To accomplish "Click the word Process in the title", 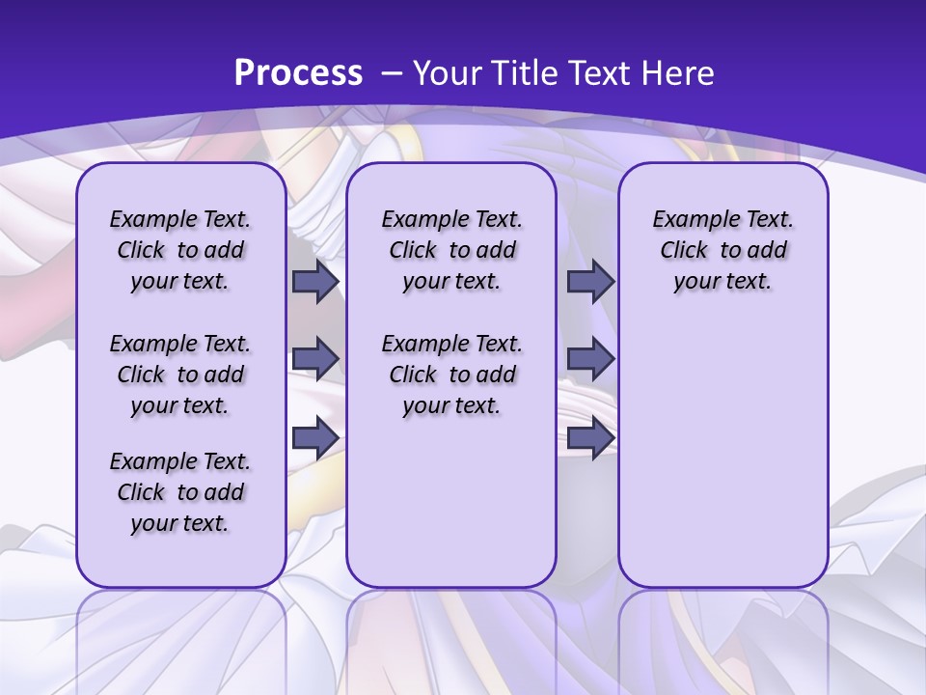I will (298, 72).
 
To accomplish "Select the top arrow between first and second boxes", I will (315, 281).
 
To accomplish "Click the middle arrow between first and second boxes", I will (315, 359).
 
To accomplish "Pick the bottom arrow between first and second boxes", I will (315, 437).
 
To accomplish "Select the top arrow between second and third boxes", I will (590, 281).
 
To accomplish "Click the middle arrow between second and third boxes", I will (590, 359).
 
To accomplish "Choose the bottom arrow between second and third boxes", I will (590, 437).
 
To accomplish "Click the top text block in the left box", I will (180, 250).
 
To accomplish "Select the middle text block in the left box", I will (180, 375).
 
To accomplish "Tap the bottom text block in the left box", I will (180, 492).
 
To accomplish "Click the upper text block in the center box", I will (451, 250).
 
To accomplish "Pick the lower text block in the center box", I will (451, 375).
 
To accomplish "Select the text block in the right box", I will (722, 250).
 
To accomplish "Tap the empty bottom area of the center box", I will (451, 512).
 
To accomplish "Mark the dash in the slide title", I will (391, 72).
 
